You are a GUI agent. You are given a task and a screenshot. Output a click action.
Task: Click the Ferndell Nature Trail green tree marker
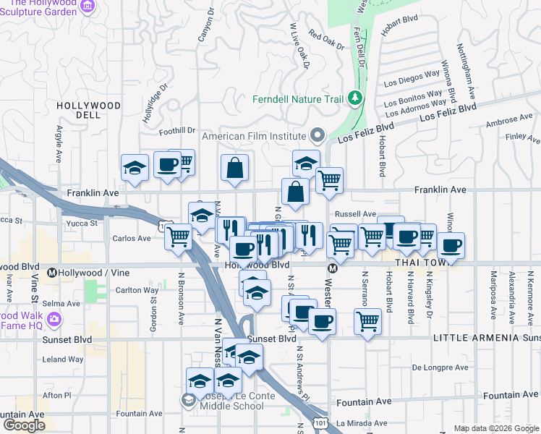354,98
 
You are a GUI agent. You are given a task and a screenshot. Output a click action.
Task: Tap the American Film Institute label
253,136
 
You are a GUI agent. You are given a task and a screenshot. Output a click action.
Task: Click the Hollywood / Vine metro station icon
52,273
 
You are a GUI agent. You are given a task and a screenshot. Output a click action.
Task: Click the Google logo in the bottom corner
24,425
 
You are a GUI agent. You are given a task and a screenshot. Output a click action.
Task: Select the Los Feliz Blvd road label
448,111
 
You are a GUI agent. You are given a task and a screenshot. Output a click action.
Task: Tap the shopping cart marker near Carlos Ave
178,236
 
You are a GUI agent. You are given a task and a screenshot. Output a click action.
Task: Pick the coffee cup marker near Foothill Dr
167,165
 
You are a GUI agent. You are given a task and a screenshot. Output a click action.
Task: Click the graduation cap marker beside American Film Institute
306,163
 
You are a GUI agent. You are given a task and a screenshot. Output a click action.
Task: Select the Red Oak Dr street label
326,40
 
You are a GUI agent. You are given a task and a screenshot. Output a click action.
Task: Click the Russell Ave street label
354,214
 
